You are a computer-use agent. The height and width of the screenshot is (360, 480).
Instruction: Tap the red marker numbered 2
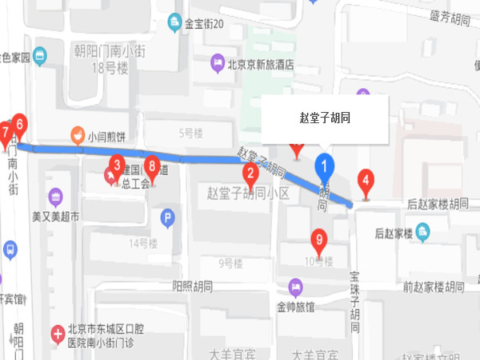[x=250, y=173]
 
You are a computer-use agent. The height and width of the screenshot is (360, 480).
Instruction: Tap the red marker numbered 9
[x=319, y=239]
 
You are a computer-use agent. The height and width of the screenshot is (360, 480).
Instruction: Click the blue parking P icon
[x=167, y=216]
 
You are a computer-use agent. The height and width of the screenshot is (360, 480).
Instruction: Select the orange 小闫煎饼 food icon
[x=78, y=135]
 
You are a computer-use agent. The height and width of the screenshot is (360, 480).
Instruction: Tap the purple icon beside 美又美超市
[x=55, y=196]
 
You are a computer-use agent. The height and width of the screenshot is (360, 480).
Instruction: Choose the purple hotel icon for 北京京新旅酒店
[x=217, y=62]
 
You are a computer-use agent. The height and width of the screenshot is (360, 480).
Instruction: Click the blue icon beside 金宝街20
[x=174, y=23]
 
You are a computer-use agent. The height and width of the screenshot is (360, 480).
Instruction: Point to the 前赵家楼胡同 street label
[x=434, y=286]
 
